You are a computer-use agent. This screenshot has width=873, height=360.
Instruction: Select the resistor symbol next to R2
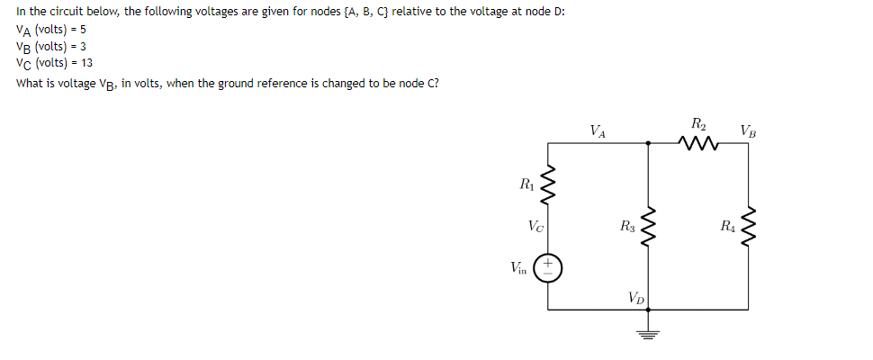pyautogui.click(x=699, y=141)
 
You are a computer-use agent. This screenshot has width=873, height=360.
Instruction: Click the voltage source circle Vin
pyautogui.click(x=549, y=267)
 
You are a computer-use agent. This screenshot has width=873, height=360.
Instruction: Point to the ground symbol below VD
pyautogui.click(x=649, y=334)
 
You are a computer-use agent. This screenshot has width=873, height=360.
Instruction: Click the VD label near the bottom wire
pyautogui.click(x=635, y=297)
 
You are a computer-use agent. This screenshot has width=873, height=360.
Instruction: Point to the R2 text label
pyautogui.click(x=699, y=122)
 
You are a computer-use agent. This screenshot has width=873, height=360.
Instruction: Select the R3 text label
pyautogui.click(x=625, y=227)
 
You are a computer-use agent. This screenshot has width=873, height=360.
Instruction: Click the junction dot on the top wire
pyautogui.click(x=649, y=141)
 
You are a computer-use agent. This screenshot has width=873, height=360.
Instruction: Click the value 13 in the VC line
pyautogui.click(x=86, y=63)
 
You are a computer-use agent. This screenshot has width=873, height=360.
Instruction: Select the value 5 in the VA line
pyautogui.click(x=82, y=29)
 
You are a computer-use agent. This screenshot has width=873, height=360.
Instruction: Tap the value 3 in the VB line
pyautogui.click(x=83, y=46)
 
